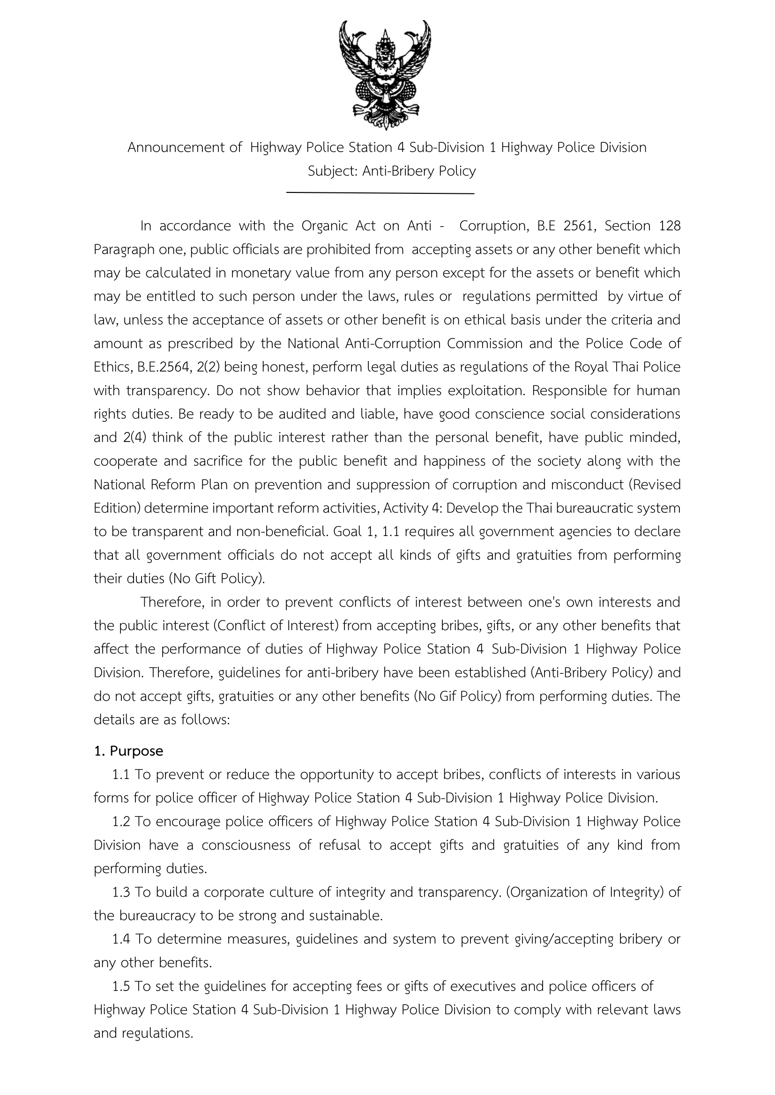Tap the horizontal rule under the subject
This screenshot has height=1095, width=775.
(x=380, y=193)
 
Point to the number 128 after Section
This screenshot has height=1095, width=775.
(x=669, y=226)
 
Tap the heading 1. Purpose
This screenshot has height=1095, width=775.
(x=128, y=750)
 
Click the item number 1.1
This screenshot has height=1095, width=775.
(x=121, y=774)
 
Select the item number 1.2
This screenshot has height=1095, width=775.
(x=121, y=821)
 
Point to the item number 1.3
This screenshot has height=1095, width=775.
(x=121, y=892)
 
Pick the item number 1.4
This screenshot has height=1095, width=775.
(x=121, y=939)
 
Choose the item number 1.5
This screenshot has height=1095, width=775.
(x=121, y=986)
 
